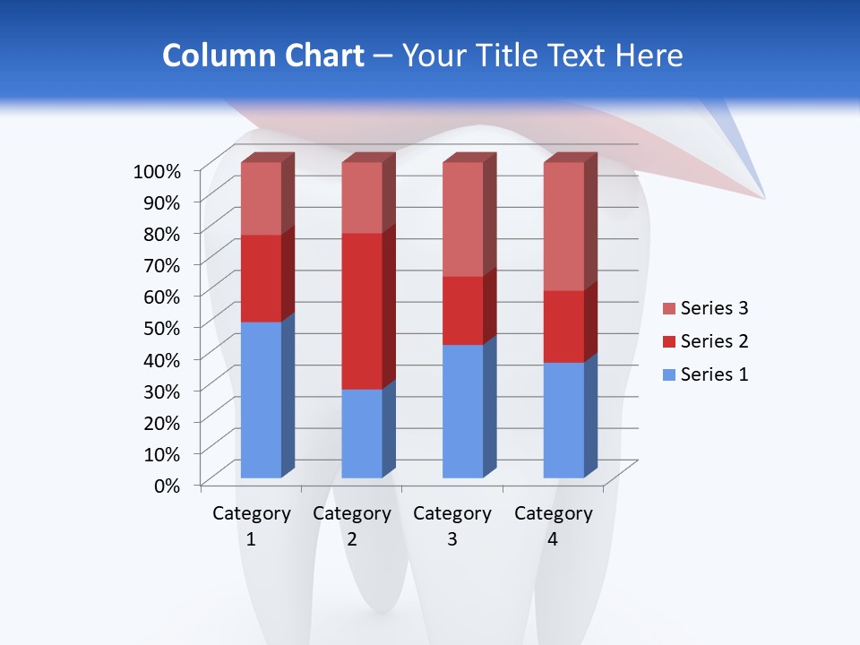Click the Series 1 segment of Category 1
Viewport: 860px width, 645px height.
click(261, 400)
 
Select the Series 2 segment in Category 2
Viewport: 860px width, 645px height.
click(362, 311)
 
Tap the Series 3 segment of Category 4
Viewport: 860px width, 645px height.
click(563, 226)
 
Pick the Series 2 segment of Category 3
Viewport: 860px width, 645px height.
click(463, 310)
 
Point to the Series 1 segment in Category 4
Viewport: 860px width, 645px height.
click(563, 419)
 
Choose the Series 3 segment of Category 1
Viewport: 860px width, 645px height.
click(261, 198)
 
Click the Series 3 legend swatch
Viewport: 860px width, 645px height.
click(668, 309)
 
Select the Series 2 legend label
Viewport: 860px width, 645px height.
click(714, 341)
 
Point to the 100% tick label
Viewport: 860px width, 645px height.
click(157, 170)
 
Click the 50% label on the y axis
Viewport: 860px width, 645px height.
click(162, 327)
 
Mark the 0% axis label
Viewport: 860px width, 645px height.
click(168, 485)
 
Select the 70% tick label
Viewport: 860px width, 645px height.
click(162, 264)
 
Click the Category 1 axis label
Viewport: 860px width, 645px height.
click(251, 526)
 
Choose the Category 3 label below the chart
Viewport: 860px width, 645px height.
click(452, 526)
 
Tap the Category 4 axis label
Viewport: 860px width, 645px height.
click(553, 526)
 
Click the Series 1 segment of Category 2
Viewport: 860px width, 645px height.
click(362, 433)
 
